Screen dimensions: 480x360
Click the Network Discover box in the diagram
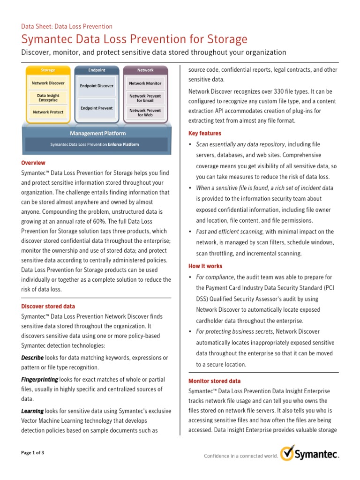48,83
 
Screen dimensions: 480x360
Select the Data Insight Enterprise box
48,97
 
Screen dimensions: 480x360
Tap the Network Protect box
48,112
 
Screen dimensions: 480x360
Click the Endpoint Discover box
96,86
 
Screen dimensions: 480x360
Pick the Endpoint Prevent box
96,108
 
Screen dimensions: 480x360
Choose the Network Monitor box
145,83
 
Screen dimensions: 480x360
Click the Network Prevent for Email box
145,97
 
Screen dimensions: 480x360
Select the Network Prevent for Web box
145,112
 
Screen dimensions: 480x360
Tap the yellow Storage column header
48,70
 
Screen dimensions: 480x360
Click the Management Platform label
97,134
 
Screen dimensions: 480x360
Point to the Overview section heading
33,163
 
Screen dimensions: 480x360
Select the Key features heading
205,133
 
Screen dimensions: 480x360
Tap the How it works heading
205,266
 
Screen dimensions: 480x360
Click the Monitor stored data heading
214,381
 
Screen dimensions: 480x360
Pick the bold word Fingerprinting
40,379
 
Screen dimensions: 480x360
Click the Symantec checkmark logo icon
287,454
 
